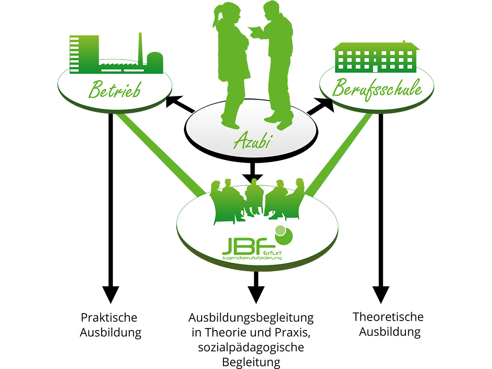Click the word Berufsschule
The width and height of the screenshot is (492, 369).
(x=377, y=89)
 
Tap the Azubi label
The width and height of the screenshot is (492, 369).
(x=251, y=141)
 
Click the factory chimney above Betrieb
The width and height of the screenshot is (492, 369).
(x=140, y=49)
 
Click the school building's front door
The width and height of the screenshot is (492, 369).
(x=376, y=68)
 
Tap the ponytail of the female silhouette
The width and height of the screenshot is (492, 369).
(x=216, y=18)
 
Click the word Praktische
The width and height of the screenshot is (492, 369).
(x=109, y=317)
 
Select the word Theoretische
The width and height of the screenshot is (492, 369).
(x=388, y=317)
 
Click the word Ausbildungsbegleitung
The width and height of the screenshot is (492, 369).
(x=251, y=318)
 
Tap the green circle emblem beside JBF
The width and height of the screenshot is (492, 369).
(x=284, y=235)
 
